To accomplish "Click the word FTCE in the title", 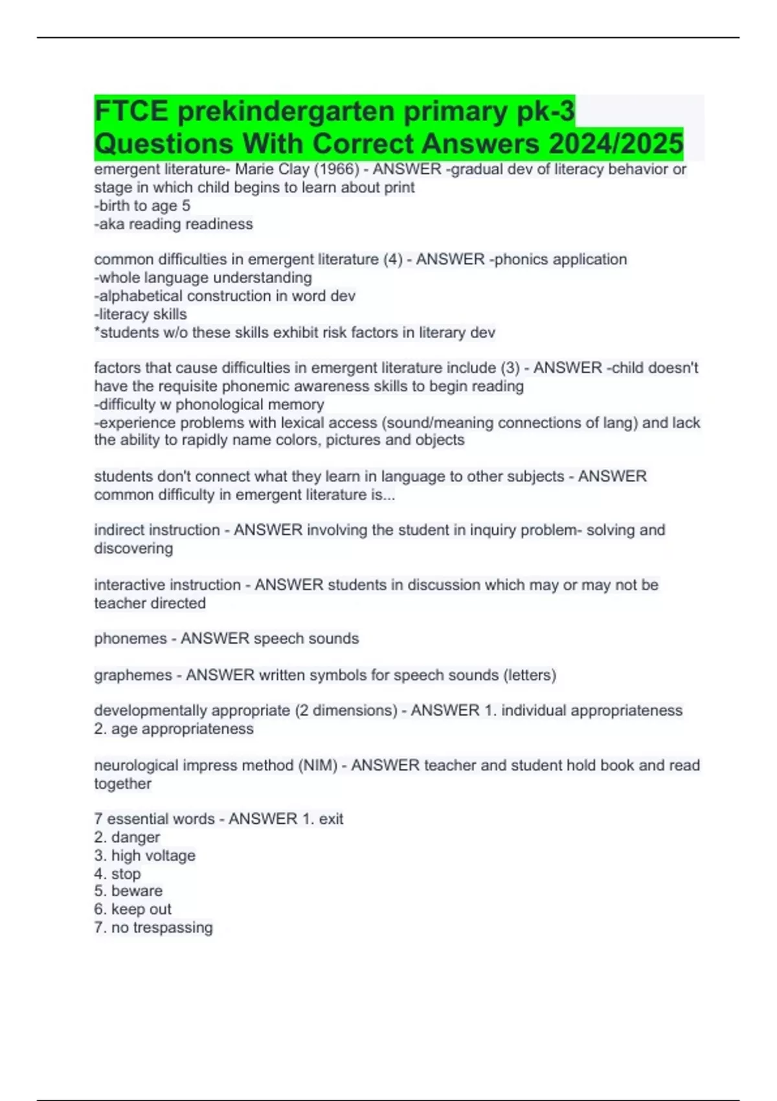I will (x=131, y=111).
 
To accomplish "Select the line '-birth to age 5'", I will (x=142, y=206).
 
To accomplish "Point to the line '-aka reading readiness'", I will (x=174, y=224).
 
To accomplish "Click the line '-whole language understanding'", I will (x=203, y=278).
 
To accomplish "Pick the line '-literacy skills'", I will (x=141, y=314).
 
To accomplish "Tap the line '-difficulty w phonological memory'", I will (x=209, y=405).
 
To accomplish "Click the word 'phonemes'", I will (x=130, y=639).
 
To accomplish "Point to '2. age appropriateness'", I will (x=174, y=729).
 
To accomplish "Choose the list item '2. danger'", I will (x=127, y=837).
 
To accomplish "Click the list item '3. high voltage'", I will (x=144, y=856).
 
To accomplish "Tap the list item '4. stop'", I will (x=117, y=874).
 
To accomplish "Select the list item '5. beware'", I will (x=128, y=891).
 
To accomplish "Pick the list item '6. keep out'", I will (x=133, y=909).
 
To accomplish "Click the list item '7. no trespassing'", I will (x=153, y=927).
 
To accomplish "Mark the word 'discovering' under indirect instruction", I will (x=133, y=549).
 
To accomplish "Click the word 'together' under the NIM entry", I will (x=122, y=784).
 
